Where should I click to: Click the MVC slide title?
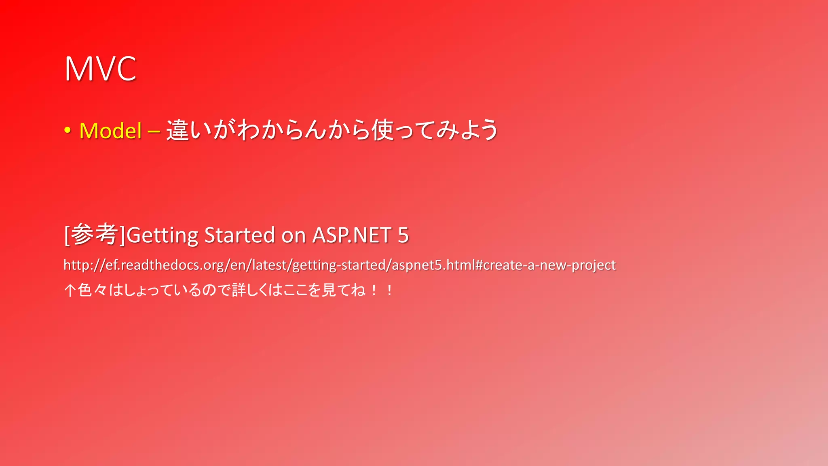point(100,69)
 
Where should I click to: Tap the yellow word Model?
point(110,131)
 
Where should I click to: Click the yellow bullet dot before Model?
point(68,130)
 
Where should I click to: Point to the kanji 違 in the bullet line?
point(177,130)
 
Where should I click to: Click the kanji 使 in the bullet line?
point(382,130)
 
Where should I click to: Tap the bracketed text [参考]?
point(95,235)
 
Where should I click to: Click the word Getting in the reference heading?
point(162,235)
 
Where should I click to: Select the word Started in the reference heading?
point(239,235)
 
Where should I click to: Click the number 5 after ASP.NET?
point(403,235)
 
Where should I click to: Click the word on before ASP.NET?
point(293,235)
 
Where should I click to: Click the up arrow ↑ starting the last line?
point(70,290)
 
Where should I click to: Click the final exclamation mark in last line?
point(389,290)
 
